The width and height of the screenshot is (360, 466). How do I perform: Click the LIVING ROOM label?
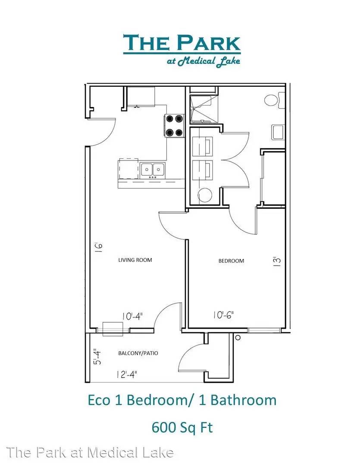coord(135,260)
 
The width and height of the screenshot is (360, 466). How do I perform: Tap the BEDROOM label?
coord(231,261)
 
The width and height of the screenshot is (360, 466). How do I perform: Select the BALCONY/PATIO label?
coord(138,353)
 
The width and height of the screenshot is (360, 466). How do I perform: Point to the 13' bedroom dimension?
coord(277,261)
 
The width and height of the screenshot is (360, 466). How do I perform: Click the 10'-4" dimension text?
coord(132,316)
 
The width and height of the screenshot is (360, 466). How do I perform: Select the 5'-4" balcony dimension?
coord(97,357)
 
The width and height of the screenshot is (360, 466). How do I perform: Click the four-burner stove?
coord(174,126)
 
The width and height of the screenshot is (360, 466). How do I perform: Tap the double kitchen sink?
coord(153,170)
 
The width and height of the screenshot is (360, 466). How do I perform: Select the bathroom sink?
coord(278,132)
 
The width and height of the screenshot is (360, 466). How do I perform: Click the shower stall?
coord(203,109)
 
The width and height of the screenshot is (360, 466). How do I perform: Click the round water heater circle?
coord(205,195)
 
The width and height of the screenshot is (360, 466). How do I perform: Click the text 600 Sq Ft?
coord(182,428)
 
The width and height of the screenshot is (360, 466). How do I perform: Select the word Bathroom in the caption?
coord(244,400)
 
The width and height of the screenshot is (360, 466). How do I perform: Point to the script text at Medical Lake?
coord(203,61)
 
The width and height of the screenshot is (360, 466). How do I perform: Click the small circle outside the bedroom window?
coord(238,337)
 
